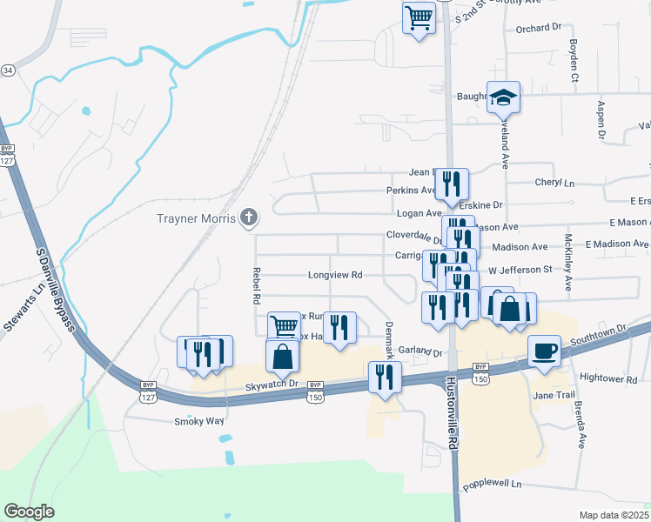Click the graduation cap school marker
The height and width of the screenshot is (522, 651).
coord(503,97)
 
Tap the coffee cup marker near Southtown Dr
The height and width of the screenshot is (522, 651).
coord(545,351)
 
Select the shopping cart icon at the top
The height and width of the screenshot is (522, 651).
coord(419,17)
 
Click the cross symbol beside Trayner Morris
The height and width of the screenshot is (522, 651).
coord(249,218)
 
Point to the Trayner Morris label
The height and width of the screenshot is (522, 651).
coord(196,218)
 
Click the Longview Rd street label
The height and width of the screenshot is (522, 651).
coord(335,276)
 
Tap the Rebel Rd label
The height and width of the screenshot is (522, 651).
coord(257,285)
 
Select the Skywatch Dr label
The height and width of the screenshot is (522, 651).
coord(272,384)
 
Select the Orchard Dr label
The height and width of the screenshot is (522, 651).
coord(539,28)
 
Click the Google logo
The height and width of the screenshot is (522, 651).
coord(29,512)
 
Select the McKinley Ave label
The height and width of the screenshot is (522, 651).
coord(568,262)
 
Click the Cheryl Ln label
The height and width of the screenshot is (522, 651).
coord(557,184)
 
